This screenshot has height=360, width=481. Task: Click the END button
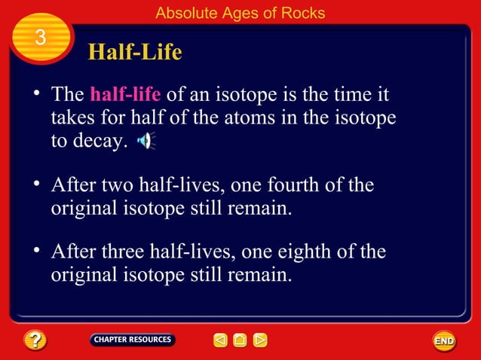[x=444, y=340]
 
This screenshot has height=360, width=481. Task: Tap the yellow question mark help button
[x=35, y=340]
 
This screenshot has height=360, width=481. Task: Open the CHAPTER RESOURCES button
[x=132, y=340]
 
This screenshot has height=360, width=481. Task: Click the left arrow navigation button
[x=219, y=340]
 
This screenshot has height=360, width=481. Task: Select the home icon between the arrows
[x=240, y=340]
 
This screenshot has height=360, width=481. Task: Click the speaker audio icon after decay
[x=145, y=141]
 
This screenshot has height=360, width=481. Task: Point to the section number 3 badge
[x=41, y=38]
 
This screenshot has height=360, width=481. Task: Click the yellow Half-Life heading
[x=135, y=52]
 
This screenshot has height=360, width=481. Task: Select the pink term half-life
[x=124, y=96]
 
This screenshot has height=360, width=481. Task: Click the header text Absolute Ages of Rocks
[x=240, y=13]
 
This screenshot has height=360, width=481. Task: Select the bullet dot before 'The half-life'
[x=35, y=93]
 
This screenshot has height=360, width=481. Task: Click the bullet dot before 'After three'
[x=35, y=250]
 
